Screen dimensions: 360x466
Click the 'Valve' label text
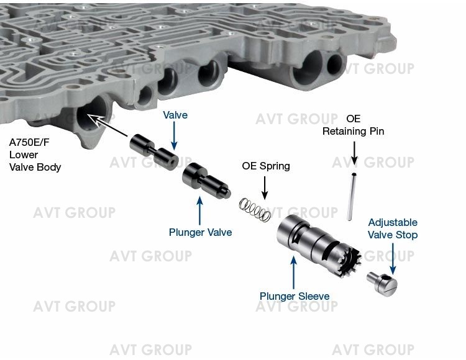point(175,115)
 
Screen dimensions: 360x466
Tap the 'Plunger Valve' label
point(200,233)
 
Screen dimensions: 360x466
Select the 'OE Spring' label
point(265,166)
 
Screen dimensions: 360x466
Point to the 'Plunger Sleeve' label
point(295,296)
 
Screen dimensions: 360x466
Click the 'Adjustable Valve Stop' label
point(393,228)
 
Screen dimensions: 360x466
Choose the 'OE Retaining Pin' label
point(353,125)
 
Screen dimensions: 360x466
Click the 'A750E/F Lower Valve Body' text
point(35,155)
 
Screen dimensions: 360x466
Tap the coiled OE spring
point(255,209)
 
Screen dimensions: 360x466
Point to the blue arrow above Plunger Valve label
point(200,210)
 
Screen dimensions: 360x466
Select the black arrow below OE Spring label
point(265,187)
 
